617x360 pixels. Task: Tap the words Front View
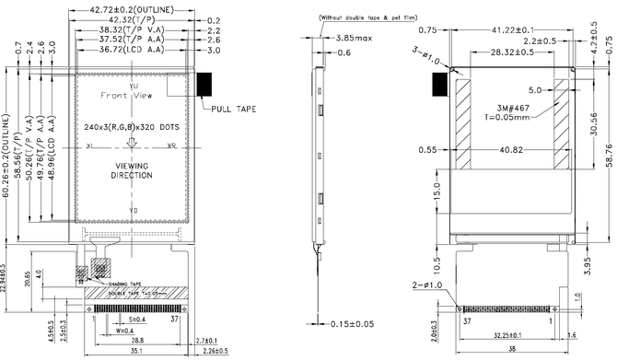coord(127,96)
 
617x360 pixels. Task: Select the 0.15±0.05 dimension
coord(355,324)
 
